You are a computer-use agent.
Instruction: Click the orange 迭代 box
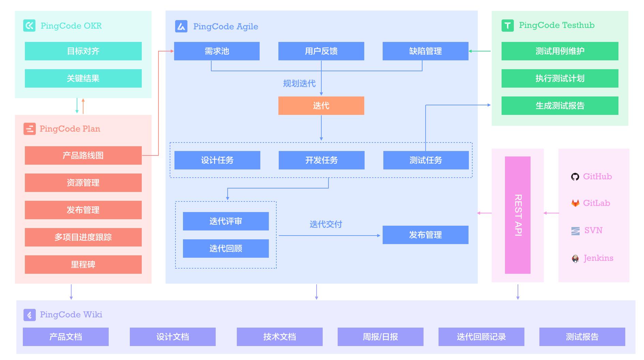pyautogui.click(x=321, y=106)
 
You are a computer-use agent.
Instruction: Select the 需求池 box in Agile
pyautogui.click(x=217, y=51)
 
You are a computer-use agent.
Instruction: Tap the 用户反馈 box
pyautogui.click(x=321, y=51)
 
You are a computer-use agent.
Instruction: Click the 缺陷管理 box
pyautogui.click(x=425, y=51)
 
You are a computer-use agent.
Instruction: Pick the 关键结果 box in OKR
pyautogui.click(x=83, y=78)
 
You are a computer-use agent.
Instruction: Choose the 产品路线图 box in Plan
pyautogui.click(x=83, y=155)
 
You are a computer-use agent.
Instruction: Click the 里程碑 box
pyautogui.click(x=83, y=265)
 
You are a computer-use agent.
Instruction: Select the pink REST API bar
pyautogui.click(x=518, y=215)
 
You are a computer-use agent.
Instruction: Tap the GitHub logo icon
pyautogui.click(x=575, y=177)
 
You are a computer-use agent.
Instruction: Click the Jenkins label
pyautogui.click(x=598, y=258)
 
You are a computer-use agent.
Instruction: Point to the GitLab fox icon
pyautogui.click(x=575, y=203)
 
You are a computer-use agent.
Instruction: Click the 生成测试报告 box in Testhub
pyautogui.click(x=560, y=106)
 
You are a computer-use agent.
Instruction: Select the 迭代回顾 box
pyautogui.click(x=226, y=249)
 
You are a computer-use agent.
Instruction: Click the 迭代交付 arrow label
pyautogui.click(x=326, y=224)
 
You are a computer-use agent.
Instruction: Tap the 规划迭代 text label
pyautogui.click(x=299, y=84)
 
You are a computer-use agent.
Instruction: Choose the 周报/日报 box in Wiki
pyautogui.click(x=380, y=337)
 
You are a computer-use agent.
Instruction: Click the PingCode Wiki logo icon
pyautogui.click(x=29, y=315)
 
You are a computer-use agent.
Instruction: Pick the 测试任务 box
pyautogui.click(x=426, y=160)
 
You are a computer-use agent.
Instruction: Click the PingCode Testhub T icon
pyautogui.click(x=507, y=26)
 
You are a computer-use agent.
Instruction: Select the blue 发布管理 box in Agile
pyautogui.click(x=425, y=235)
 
